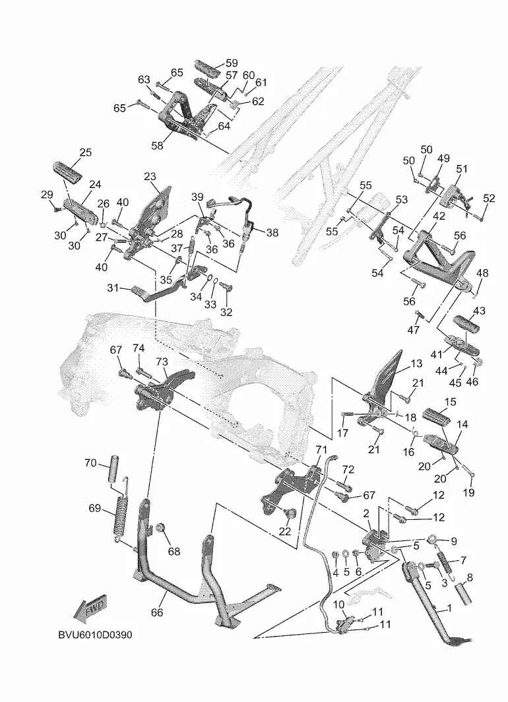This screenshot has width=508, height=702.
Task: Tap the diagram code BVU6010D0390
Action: coord(95,635)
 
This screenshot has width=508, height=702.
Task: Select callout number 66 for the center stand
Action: coord(156,612)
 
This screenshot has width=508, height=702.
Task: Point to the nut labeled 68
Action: coord(160,528)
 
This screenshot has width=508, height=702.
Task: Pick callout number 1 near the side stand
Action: coord(449,608)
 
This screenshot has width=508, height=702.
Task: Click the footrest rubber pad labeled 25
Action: coord(66,172)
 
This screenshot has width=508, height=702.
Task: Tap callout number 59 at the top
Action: coord(232,63)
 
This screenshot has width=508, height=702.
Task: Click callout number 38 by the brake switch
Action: coord(272,232)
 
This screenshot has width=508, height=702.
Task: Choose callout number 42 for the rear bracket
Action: coord(439,215)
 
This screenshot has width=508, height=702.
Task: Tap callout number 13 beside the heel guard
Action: coord(416,364)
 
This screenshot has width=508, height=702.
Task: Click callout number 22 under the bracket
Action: coord(284,531)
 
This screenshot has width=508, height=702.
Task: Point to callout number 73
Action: coord(162,362)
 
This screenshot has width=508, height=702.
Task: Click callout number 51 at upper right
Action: coord(461,169)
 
